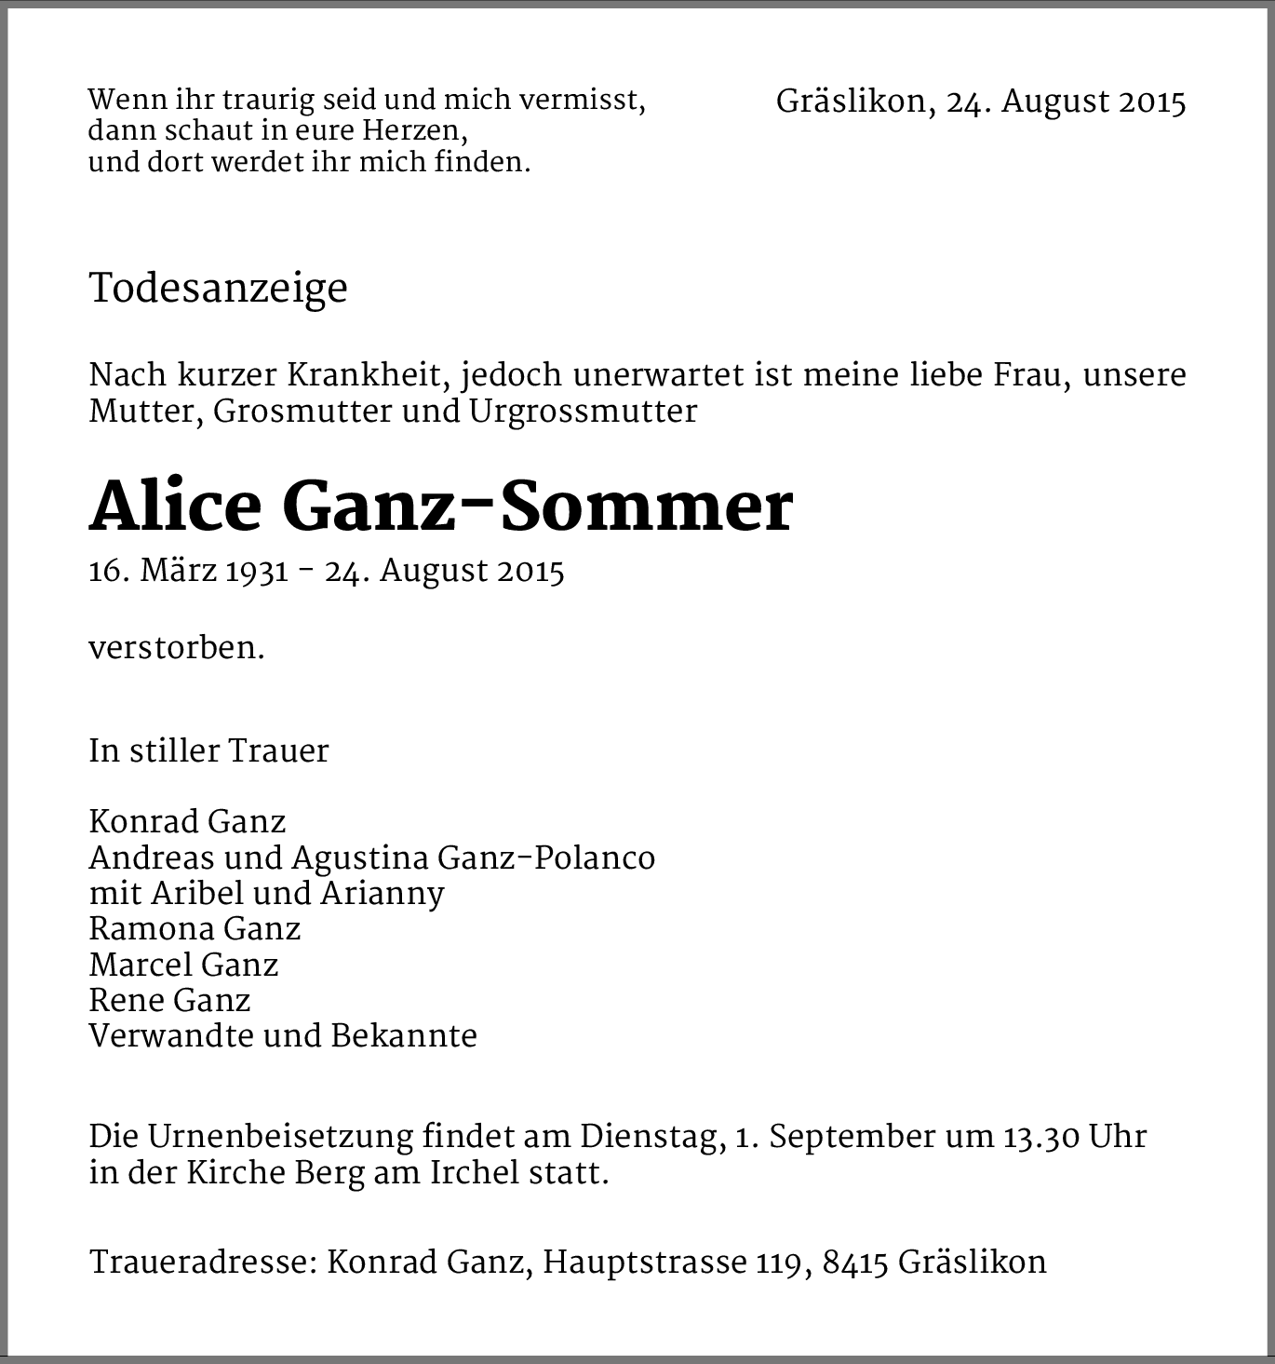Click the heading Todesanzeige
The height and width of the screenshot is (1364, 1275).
point(218,289)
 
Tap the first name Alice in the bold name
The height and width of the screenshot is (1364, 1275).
point(175,508)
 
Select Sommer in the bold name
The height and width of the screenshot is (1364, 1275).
point(644,508)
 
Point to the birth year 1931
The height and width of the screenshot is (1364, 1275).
point(257,571)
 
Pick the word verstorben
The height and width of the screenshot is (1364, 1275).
point(176,648)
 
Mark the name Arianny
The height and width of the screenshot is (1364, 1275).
point(382,894)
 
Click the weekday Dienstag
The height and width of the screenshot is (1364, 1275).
point(651,1137)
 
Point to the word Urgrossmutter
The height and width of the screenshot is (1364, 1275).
point(583,412)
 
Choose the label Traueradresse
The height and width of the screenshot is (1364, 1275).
point(205,1263)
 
